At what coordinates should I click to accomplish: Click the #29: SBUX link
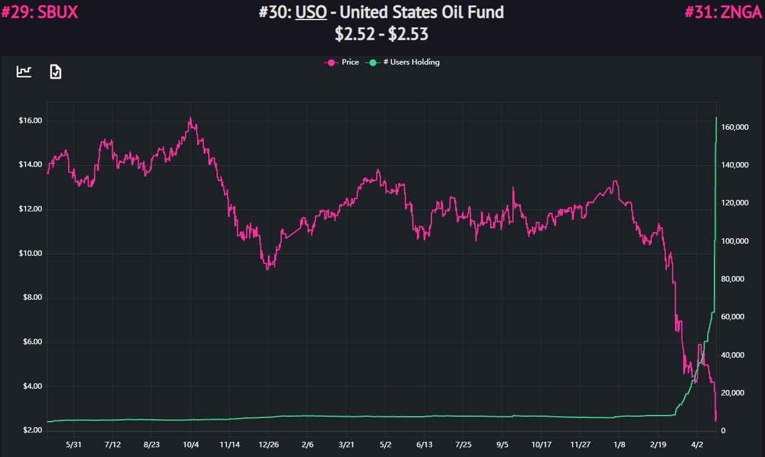point(40,12)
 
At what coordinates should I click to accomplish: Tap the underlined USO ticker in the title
point(311,12)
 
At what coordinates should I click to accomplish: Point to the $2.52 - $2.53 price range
point(382,34)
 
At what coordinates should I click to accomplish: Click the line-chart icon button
point(24,72)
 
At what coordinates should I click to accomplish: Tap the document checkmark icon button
point(55,72)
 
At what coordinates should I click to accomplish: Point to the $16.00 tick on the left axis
point(30,121)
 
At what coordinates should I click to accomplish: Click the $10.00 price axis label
point(30,253)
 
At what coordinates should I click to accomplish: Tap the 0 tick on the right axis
point(723,431)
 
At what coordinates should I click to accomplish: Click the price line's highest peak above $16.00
point(190,118)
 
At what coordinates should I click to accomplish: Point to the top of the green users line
point(716,118)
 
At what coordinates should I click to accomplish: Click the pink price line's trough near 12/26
point(268,268)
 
